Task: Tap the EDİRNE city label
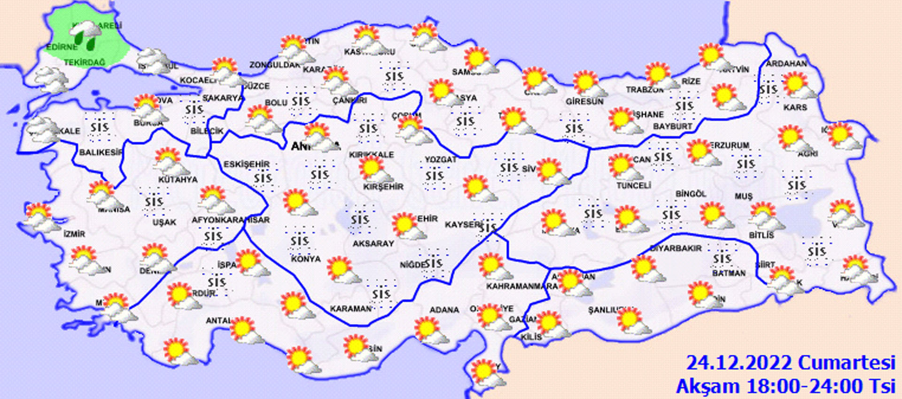[62, 47]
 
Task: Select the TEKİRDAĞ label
[85, 62]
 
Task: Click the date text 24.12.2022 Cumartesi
[790, 363]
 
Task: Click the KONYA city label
[305, 259]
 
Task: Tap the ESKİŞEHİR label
[247, 164]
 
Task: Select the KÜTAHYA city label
[178, 180]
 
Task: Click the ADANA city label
[444, 310]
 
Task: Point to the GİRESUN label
[584, 101]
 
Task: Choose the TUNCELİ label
[634, 186]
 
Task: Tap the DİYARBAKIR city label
[676, 248]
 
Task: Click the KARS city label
[795, 108]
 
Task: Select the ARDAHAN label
[786, 63]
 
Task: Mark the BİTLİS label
[761, 235]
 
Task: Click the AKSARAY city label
[373, 243]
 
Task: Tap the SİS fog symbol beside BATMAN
[722, 259]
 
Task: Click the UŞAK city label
[164, 222]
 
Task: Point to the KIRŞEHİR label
[383, 187]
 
